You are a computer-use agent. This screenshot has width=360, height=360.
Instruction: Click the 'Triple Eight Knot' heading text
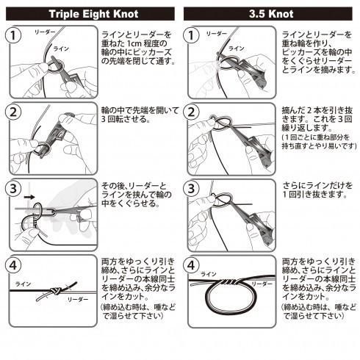point(94,14)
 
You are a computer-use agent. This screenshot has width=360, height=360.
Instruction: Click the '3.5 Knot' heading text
point(271,14)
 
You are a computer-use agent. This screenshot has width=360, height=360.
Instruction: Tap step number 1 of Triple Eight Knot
point(13,35)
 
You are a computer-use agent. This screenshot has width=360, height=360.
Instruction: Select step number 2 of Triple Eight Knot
point(13,112)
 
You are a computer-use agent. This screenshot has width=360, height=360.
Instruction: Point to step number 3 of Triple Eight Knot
point(13,189)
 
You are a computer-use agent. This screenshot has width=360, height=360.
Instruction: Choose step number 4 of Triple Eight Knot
point(13,265)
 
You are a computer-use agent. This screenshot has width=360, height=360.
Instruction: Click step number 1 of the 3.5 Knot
point(191,35)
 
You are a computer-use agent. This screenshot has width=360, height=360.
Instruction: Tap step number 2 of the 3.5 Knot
point(191,112)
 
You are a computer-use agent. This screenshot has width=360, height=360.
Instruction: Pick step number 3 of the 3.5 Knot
point(191,189)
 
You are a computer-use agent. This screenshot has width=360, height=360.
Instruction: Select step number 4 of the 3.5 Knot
point(191,265)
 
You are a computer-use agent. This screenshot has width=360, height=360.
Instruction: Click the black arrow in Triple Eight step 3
point(29,197)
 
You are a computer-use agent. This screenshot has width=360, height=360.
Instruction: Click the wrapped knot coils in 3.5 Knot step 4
point(229,282)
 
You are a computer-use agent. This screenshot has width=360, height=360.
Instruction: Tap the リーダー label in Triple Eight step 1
point(45,32)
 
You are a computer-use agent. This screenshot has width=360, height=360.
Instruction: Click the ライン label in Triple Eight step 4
point(23,284)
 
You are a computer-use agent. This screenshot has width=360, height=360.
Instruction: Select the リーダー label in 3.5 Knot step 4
point(262,284)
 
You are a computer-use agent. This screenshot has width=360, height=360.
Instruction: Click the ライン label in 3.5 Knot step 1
point(237,48)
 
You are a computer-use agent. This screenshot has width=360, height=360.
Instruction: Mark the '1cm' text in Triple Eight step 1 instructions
point(134,43)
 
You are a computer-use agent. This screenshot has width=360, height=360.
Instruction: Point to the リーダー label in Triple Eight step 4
point(78,299)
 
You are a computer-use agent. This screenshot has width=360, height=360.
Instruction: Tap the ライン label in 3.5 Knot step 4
point(209,274)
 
